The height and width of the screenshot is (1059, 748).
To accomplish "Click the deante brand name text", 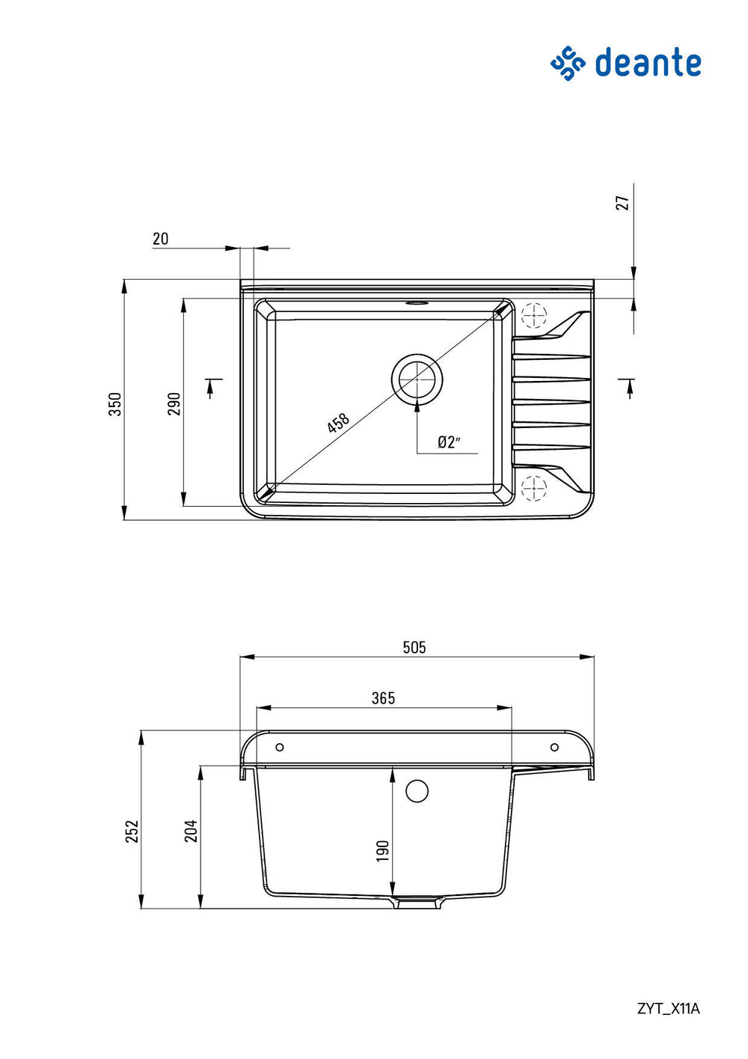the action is tap(648, 61).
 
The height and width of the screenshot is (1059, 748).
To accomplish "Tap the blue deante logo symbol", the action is tap(568, 63).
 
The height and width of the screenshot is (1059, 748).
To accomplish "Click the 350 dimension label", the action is tap(115, 404).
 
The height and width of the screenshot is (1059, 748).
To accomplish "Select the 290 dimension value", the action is tap(174, 403).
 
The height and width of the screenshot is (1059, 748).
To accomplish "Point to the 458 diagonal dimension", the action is tap(338, 422).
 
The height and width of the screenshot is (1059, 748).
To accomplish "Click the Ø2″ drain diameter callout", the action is tap(448, 442).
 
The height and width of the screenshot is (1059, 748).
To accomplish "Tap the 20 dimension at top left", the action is tap(160, 239).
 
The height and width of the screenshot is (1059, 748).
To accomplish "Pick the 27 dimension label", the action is tap(624, 203).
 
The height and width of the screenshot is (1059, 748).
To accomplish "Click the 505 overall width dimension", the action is tap(414, 647).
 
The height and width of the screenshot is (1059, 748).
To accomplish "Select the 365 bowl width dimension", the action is tap(383, 698).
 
